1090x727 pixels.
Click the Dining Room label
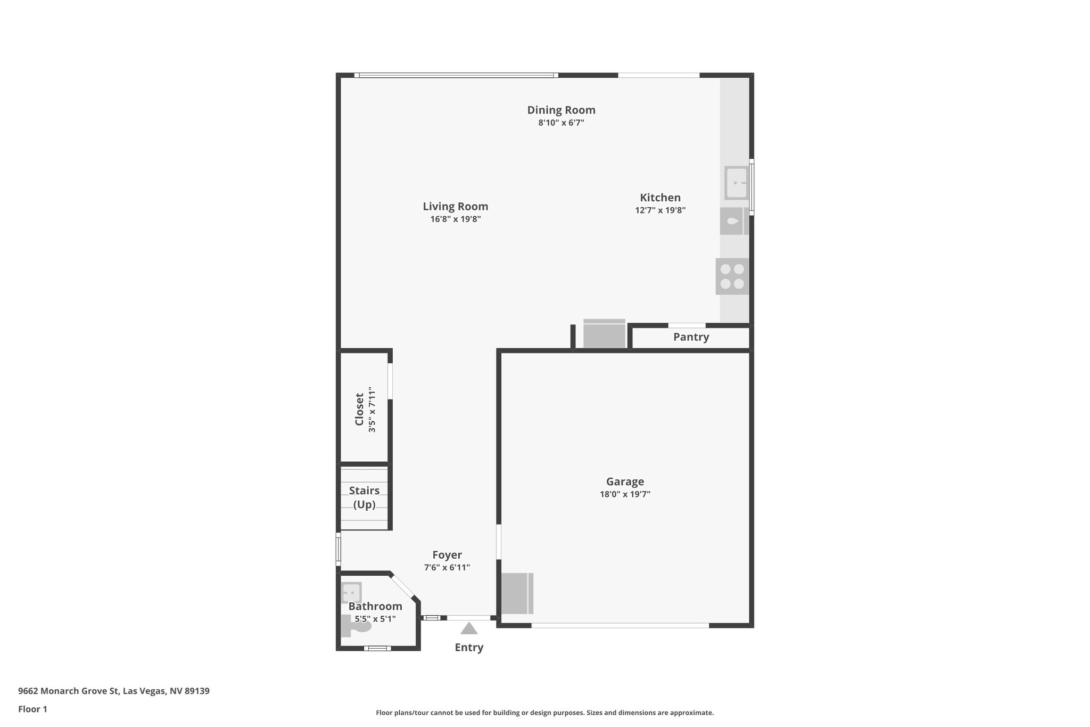(x=561, y=110)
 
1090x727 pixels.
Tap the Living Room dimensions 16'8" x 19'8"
(x=456, y=219)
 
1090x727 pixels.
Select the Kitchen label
(x=660, y=198)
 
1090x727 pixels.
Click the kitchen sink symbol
(x=737, y=183)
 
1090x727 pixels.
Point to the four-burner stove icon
(x=732, y=276)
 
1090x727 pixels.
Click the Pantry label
(x=691, y=337)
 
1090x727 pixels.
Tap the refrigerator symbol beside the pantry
(x=604, y=334)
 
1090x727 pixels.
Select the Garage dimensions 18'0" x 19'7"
(x=625, y=494)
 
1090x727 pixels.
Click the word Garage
(x=625, y=481)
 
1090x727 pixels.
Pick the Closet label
(x=359, y=409)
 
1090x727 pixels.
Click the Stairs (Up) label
(x=365, y=497)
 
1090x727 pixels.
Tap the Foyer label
(x=447, y=555)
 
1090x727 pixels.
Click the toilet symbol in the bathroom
(x=357, y=627)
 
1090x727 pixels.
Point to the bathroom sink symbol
(x=351, y=592)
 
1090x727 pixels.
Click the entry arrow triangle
(x=469, y=629)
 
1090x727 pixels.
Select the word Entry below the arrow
(x=469, y=648)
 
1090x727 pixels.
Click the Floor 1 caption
(x=32, y=709)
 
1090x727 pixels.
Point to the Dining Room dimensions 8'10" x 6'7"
(x=561, y=123)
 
